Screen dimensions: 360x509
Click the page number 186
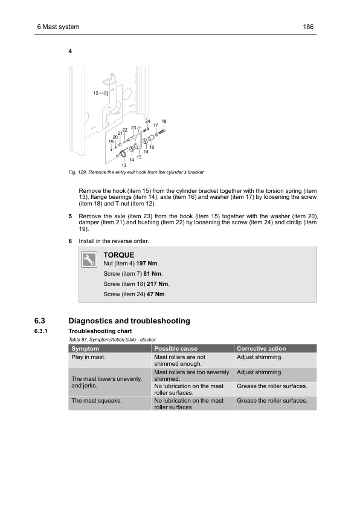[308, 27]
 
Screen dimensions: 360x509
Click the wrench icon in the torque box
[89, 260]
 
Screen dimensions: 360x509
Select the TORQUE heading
[119, 255]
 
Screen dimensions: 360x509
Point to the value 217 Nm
[157, 284]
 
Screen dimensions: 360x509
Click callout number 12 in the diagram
[95, 93]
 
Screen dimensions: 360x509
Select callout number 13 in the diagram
[124, 165]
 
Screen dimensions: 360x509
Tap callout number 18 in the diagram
[164, 121]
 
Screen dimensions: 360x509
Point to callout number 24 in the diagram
[148, 121]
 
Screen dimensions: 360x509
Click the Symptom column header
[85, 349]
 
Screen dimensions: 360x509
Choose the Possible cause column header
[176, 349]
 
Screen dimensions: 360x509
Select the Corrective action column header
[262, 349]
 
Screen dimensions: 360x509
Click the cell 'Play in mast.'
[88, 357]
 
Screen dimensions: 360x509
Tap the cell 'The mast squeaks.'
[97, 401]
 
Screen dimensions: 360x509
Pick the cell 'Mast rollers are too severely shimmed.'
[191, 375]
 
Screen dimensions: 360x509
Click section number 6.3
[40, 321]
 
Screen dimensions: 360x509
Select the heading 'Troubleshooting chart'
[100, 331]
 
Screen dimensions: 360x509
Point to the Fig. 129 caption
[136, 172]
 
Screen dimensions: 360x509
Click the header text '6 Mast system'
[59, 27]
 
